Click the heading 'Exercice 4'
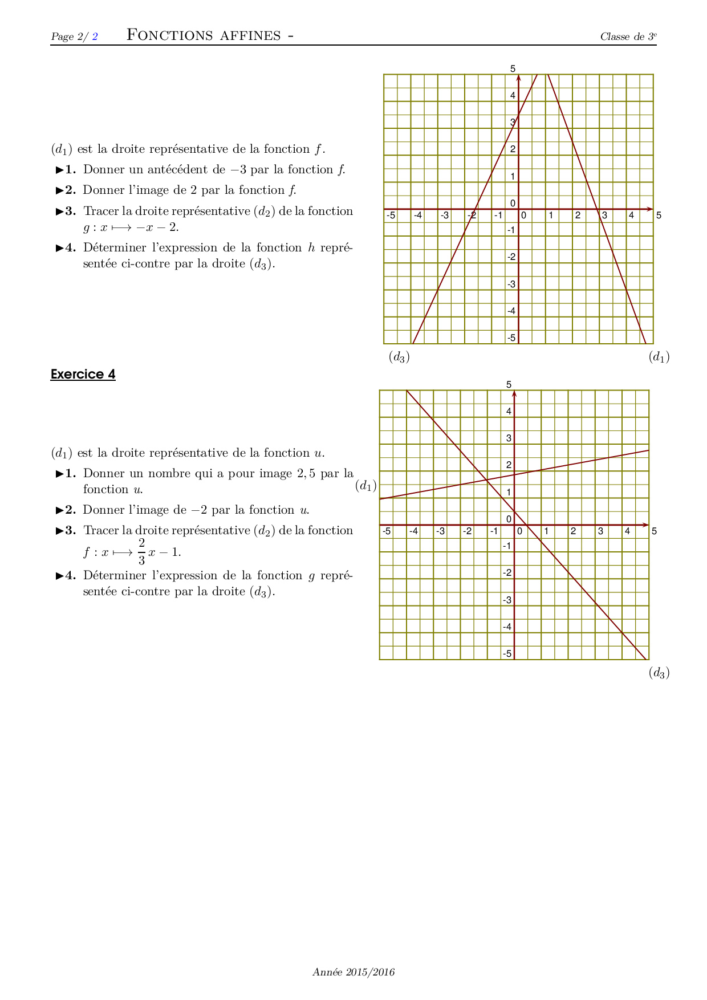(x=83, y=375)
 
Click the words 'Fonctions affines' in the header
(x=204, y=35)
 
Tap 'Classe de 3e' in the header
(x=628, y=37)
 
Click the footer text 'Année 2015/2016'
(x=353, y=972)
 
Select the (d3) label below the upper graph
(x=399, y=357)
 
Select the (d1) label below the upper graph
(x=659, y=357)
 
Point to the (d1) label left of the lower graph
(x=366, y=486)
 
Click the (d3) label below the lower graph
(x=659, y=673)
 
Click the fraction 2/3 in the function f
(x=141, y=551)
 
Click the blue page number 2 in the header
(x=95, y=37)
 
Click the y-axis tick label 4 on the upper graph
(x=513, y=96)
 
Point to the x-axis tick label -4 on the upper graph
(x=418, y=216)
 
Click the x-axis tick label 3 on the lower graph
(x=600, y=531)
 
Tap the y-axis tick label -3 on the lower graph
(x=507, y=600)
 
